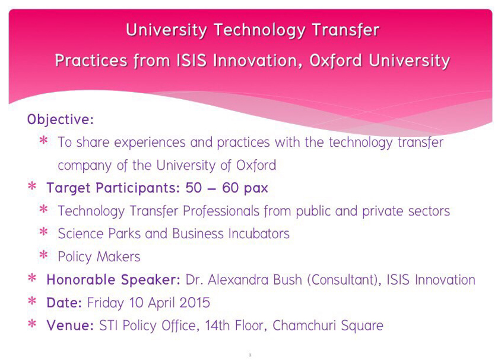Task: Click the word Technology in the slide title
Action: click(259, 30)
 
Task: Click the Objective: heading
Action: click(61, 120)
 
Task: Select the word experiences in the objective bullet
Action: click(150, 143)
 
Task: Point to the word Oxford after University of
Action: click(256, 165)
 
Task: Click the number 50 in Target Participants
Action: click(194, 188)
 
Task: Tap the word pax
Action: click(256, 189)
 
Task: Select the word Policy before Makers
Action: click(75, 257)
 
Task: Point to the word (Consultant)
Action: click(344, 280)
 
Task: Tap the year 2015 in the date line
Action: click(194, 302)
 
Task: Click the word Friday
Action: click(106, 303)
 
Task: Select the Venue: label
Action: click(70, 326)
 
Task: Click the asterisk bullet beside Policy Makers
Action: click(43, 255)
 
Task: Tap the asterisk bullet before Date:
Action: click(32, 301)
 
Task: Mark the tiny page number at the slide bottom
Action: click(250, 355)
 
